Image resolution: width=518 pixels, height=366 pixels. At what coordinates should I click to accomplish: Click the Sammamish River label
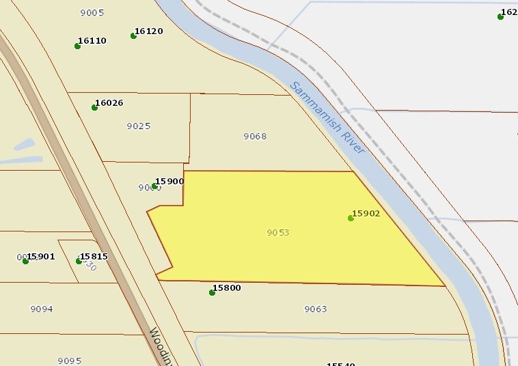[x=327, y=117]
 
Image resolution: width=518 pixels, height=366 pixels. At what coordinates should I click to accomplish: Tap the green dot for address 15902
[x=351, y=218]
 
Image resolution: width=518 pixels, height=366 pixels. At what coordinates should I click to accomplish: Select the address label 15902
[x=366, y=213]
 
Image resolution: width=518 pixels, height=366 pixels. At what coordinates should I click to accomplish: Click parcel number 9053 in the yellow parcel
[x=278, y=232]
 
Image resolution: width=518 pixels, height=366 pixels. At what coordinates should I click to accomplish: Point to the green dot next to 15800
[x=212, y=292]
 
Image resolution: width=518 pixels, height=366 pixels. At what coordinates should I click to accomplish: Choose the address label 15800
[x=227, y=287]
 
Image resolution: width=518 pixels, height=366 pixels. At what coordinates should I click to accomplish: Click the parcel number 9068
[x=255, y=136]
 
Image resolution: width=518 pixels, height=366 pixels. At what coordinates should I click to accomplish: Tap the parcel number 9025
[x=139, y=126]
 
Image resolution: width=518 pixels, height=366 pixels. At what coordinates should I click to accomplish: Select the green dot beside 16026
[x=94, y=107]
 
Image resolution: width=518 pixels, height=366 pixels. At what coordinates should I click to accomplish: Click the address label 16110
[x=92, y=40]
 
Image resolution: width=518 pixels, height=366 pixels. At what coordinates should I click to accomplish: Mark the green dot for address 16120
[x=133, y=36]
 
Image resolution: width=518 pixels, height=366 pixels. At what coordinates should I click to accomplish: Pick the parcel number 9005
[x=92, y=12]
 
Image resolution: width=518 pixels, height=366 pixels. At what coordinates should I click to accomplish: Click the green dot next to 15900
[x=155, y=186]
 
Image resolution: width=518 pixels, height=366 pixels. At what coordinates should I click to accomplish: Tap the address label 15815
[x=94, y=256]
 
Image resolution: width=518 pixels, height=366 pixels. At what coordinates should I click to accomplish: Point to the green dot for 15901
[x=25, y=261]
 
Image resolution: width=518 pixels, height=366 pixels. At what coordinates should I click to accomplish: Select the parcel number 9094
[x=42, y=309]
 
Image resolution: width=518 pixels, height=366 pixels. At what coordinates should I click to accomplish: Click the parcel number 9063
[x=316, y=309]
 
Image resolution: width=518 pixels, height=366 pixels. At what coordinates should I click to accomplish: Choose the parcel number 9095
[x=70, y=361]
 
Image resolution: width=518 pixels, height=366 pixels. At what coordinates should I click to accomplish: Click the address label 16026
[x=109, y=102]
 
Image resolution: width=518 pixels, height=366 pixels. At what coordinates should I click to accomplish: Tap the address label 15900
[x=169, y=181]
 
